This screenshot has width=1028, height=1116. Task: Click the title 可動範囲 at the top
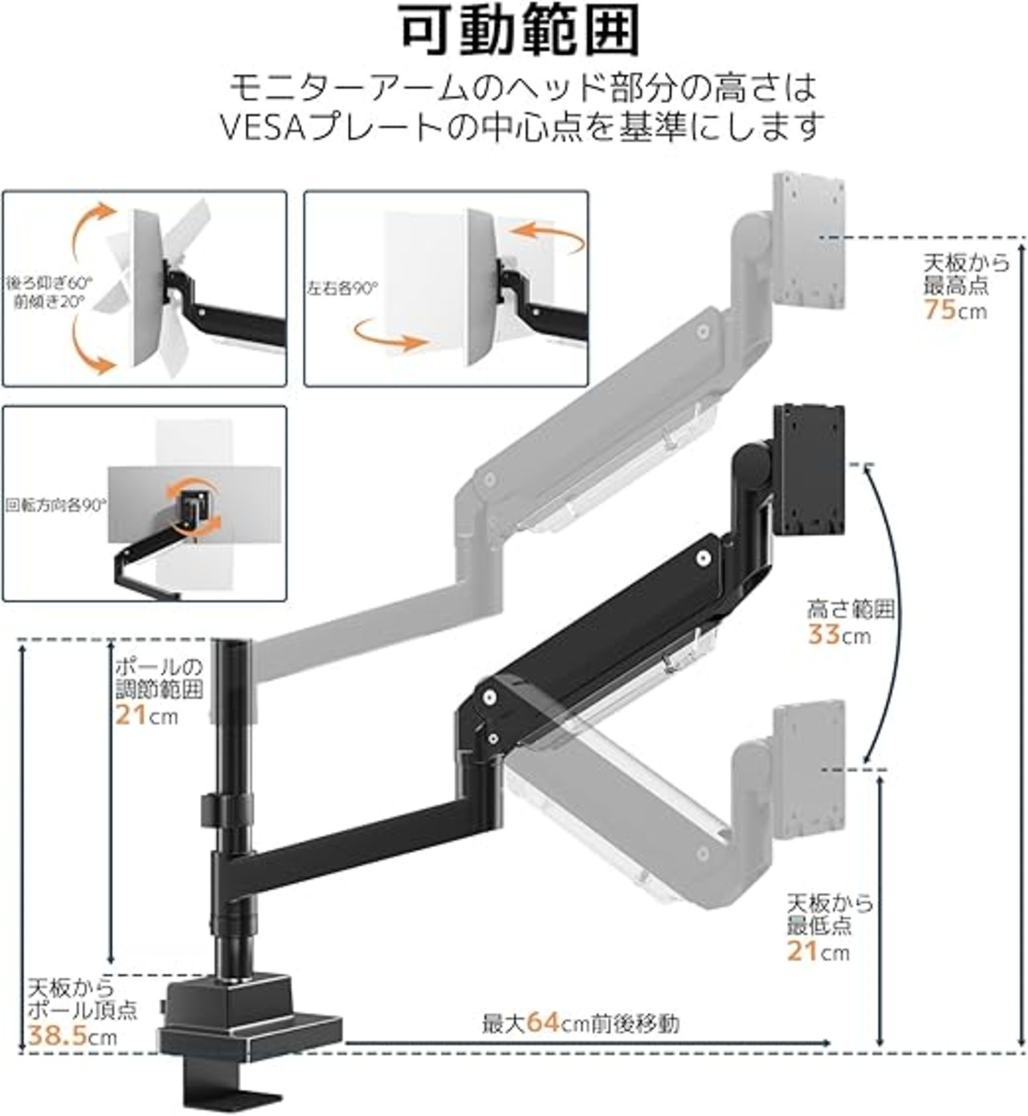click(x=520, y=31)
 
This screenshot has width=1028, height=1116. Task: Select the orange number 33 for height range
click(x=826, y=635)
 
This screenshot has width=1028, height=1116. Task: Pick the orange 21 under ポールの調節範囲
click(x=132, y=715)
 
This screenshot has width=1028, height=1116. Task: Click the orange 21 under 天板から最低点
click(x=804, y=952)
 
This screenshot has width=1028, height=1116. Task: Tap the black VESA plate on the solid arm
click(x=810, y=470)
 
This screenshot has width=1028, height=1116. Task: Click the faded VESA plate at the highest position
click(x=809, y=249)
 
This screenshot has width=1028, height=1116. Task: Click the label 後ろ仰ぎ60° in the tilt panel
click(x=49, y=283)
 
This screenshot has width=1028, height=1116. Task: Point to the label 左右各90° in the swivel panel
click(x=342, y=288)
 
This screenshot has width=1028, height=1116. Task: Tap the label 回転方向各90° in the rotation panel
click(x=55, y=505)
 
